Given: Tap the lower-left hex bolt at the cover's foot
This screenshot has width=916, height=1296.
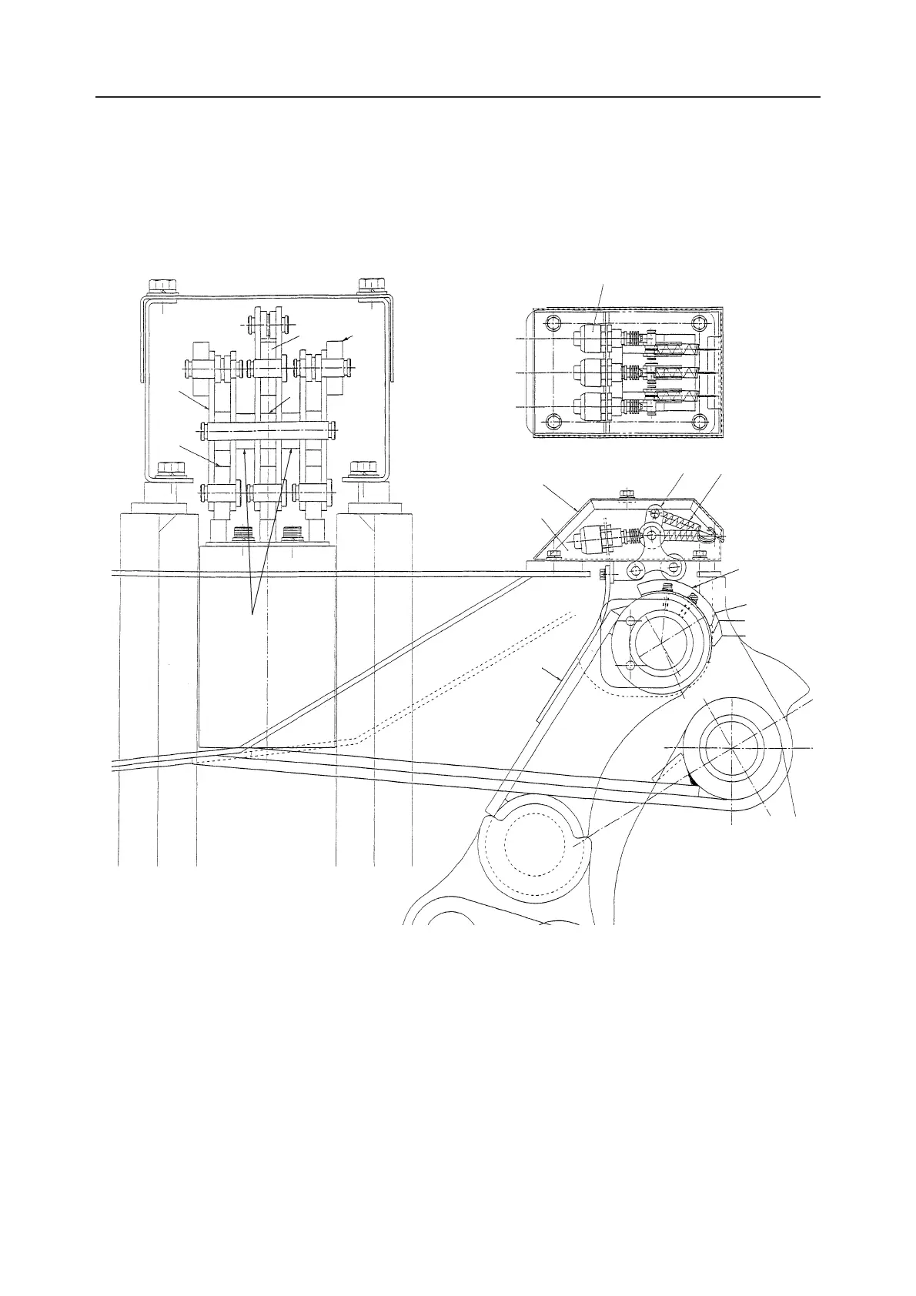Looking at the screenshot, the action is point(171,469).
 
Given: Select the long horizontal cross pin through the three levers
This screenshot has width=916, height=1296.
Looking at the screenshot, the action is point(268,429).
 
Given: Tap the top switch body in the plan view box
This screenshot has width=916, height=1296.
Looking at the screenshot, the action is point(587,338).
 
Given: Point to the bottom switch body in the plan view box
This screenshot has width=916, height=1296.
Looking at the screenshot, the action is point(587,405).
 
